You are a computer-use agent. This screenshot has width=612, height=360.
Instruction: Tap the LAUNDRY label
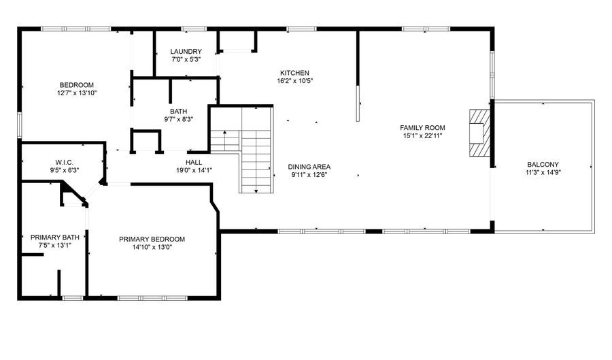(x=186, y=51)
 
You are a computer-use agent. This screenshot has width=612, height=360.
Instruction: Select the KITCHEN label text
(x=294, y=73)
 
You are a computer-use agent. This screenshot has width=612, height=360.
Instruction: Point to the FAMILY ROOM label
(x=422, y=127)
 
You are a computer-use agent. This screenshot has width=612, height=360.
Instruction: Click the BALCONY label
(x=543, y=164)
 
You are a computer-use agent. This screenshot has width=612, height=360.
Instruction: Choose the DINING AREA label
(x=309, y=167)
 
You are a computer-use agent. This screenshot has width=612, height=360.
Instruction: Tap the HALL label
(x=194, y=162)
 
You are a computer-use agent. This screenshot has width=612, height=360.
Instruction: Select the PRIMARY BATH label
(x=55, y=238)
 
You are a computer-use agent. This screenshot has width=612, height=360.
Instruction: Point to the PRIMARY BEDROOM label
(x=152, y=239)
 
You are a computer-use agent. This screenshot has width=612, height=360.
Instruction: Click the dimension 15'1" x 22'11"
(x=422, y=135)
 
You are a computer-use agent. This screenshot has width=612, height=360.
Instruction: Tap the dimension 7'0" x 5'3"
(x=186, y=59)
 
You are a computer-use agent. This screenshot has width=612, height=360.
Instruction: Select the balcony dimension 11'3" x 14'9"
(x=543, y=172)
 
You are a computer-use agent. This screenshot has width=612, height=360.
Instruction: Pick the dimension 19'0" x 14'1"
(x=194, y=170)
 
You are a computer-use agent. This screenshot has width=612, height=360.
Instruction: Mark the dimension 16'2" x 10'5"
(x=294, y=81)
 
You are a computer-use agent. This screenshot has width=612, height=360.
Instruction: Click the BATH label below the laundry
(x=179, y=111)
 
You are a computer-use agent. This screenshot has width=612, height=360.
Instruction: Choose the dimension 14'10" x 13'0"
(x=152, y=247)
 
